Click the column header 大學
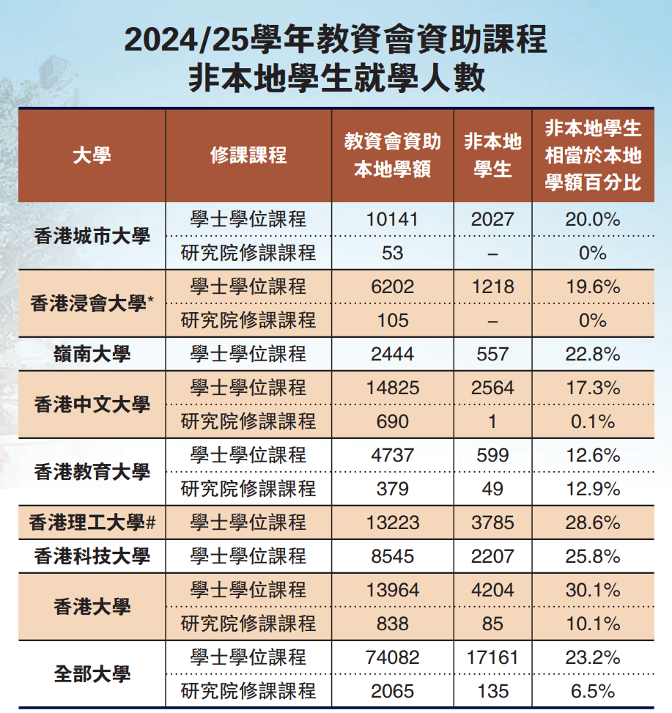pos(92,155)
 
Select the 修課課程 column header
pos(248,155)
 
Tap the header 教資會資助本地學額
pos(393,155)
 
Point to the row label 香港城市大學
pos(92,236)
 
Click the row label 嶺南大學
pos(92,354)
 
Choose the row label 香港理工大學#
pos(92,522)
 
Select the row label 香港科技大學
pos(92,556)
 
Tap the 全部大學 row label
pos(92,673)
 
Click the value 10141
pos(393,219)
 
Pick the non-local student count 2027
pos(492,219)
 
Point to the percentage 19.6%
pos(593,287)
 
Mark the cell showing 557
pos(492,354)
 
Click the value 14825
pos(393,388)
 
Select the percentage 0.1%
pos(593,421)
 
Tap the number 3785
pos(492,522)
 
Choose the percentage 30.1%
pos(593,590)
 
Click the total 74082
pos(393,657)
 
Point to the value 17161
pos(492,657)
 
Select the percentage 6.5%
pos(593,690)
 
